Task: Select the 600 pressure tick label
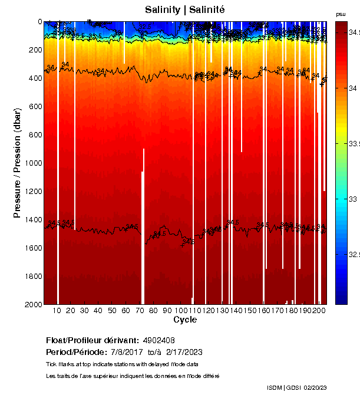35,106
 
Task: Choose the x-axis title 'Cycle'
184,320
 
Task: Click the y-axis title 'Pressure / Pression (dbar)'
17,163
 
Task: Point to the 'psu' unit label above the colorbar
341,14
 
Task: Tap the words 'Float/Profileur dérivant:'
92,340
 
